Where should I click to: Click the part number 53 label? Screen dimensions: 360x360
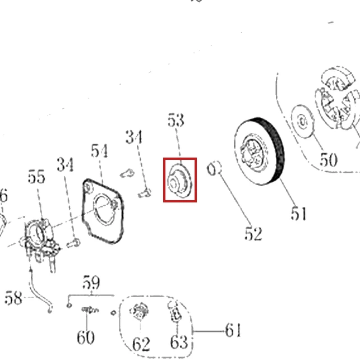tap(176, 120)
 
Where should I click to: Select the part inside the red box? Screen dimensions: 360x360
tap(179, 181)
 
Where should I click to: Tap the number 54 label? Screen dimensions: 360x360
tap(99, 151)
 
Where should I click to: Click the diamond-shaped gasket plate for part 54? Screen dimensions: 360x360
tap(103, 211)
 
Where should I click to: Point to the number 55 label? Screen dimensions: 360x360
tap(36, 177)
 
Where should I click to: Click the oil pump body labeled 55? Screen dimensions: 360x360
tap(41, 241)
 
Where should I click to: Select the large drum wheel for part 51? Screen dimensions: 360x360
tap(260, 151)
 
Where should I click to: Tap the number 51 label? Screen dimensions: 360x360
tap(299, 214)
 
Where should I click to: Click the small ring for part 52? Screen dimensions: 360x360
tap(214, 168)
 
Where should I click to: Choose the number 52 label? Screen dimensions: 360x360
tap(253, 234)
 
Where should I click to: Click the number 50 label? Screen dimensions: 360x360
tap(329, 160)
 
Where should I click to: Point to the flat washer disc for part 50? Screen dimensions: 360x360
tap(303, 122)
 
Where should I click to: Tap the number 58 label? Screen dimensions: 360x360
tap(13, 298)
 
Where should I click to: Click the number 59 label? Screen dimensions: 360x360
tap(91, 283)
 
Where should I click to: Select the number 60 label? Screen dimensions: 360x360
tap(85, 337)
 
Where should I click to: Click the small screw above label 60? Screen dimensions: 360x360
tap(90, 311)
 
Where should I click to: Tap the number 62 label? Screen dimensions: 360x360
tap(141, 344)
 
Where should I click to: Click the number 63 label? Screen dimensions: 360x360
tap(179, 341)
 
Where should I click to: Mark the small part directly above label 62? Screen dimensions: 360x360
tap(140, 311)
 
